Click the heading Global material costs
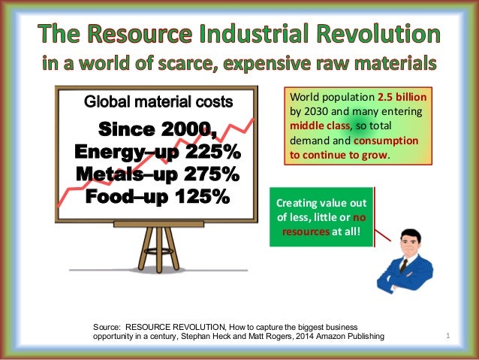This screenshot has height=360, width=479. (158, 101)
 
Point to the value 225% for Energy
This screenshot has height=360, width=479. (208, 152)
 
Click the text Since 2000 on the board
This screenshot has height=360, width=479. (158, 129)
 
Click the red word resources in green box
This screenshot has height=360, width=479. (304, 231)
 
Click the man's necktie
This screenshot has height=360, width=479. (404, 265)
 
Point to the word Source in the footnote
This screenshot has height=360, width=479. (106, 327)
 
